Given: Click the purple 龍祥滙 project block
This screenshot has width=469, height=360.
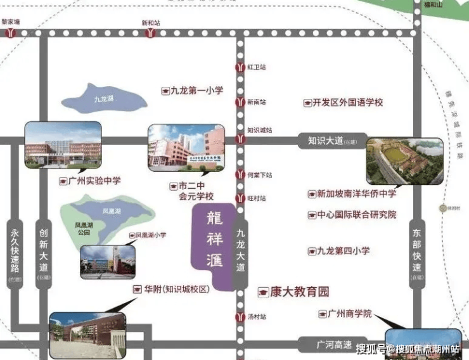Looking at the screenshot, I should pyautogui.click(x=214, y=247).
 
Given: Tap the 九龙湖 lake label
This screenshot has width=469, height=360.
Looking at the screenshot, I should pyautogui.click(x=103, y=100).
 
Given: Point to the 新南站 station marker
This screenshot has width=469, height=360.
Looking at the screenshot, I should pyautogui.click(x=240, y=102).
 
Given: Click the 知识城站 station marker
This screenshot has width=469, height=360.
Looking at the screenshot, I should pyautogui.click(x=240, y=138).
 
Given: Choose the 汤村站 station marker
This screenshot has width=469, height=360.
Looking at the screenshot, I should pyautogui.click(x=240, y=316).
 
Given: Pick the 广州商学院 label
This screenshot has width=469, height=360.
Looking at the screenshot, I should pyautogui.click(x=349, y=314).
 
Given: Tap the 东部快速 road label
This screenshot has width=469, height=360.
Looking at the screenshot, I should pyautogui.click(x=416, y=250).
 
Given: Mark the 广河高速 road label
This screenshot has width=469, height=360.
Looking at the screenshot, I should pyautogui.click(x=333, y=345).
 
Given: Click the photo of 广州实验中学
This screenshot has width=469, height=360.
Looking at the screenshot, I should pyautogui.click(x=63, y=147).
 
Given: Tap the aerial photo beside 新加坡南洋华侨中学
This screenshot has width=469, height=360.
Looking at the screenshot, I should pyautogui.click(x=404, y=161).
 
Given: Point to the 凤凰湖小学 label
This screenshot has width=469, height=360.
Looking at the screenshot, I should pyautogui.click(x=151, y=235).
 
